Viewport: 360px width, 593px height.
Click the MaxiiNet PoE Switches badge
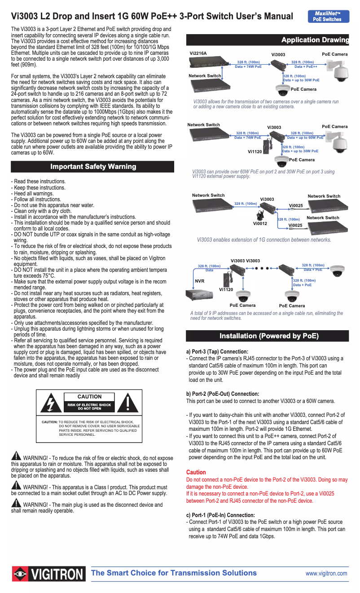pyautogui.click(x=328, y=16)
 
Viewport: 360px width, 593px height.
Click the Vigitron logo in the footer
pyautogui.click(x=48, y=574)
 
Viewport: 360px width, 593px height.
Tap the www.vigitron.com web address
pyautogui.click(x=326, y=573)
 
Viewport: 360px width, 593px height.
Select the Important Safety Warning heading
pyautogui.click(x=93, y=167)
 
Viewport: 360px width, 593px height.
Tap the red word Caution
pyautogui.click(x=196, y=472)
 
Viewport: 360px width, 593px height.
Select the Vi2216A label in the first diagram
pyautogui.click(x=198, y=53)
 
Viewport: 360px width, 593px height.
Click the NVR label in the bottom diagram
pyautogui.click(x=200, y=281)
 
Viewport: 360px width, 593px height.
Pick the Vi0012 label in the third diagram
pyautogui.click(x=260, y=223)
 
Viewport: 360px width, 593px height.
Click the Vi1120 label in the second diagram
pyautogui.click(x=255, y=152)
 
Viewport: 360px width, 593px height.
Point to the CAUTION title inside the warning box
pyautogui.click(x=90, y=397)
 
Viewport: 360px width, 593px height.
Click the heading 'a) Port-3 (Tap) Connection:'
pyautogui.click(x=217, y=351)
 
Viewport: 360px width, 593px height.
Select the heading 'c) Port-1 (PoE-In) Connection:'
pyautogui.click(x=220, y=515)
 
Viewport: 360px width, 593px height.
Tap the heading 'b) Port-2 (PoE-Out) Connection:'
pyautogui.click(x=223, y=394)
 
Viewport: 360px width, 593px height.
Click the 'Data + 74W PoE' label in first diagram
pyautogui.click(x=248, y=66)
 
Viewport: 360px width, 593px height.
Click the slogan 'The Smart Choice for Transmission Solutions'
pyautogui.click(x=174, y=573)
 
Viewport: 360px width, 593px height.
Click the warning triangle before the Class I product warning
pyautogui.click(x=16, y=486)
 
